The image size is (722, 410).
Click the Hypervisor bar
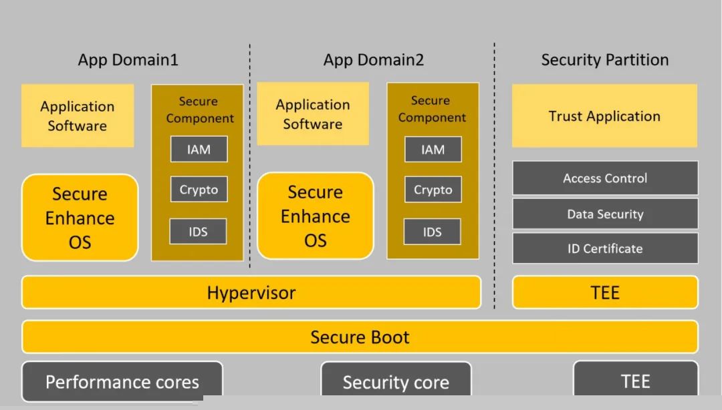[251, 292]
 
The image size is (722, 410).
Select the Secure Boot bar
[360, 337]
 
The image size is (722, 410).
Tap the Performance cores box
[122, 381]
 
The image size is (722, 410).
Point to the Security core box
[396, 382]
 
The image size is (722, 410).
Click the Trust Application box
[604, 116]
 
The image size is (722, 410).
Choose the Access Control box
[605, 178]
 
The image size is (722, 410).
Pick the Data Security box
[605, 214]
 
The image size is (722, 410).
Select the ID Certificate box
[605, 248]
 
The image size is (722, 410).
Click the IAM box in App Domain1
[199, 150]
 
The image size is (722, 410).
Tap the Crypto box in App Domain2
[433, 190]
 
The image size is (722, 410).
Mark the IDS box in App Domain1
[198, 232]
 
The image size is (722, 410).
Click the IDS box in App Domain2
[433, 232]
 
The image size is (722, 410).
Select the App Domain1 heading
[128, 60]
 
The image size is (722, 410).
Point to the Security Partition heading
[604, 60]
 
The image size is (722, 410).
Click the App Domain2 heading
[374, 60]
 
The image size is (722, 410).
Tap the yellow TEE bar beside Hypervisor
[605, 292]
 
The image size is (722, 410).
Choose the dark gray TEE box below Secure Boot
[635, 381]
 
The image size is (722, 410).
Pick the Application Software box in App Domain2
[313, 114]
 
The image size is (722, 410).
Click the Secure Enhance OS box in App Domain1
[80, 218]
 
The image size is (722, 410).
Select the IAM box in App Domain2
[433, 150]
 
